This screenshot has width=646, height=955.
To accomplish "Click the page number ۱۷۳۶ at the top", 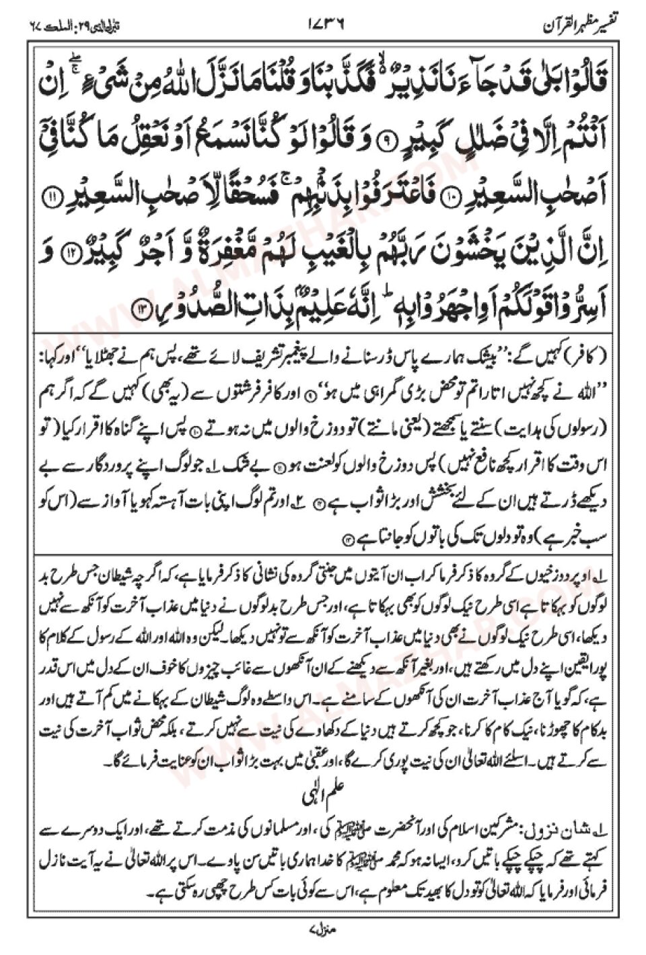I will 325,28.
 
